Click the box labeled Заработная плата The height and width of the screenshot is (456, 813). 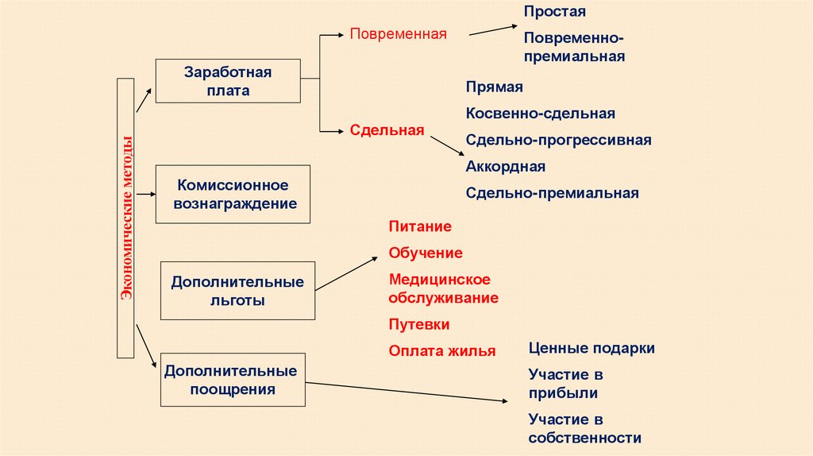tap(228, 81)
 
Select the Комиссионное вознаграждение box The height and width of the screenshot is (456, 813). tap(232, 194)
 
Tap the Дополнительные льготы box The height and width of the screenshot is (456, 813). tap(237, 291)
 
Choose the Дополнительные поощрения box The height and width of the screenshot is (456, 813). tap(231, 380)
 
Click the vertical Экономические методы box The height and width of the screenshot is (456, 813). tap(126, 218)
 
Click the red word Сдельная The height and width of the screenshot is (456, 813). tap(387, 130)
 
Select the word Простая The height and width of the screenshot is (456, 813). tap(554, 12)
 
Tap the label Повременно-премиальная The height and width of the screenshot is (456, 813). tap(574, 47)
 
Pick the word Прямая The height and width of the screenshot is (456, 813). tap(494, 87)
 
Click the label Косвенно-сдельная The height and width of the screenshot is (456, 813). tap(541, 114)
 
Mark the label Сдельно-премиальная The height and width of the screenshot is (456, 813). tap(552, 192)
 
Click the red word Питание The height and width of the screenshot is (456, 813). tap(420, 226)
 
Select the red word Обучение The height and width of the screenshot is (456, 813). tap(426, 253)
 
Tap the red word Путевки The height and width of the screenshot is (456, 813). tap(419, 324)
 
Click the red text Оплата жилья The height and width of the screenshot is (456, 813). tap(442, 350)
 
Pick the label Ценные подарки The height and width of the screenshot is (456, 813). tap(591, 348)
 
